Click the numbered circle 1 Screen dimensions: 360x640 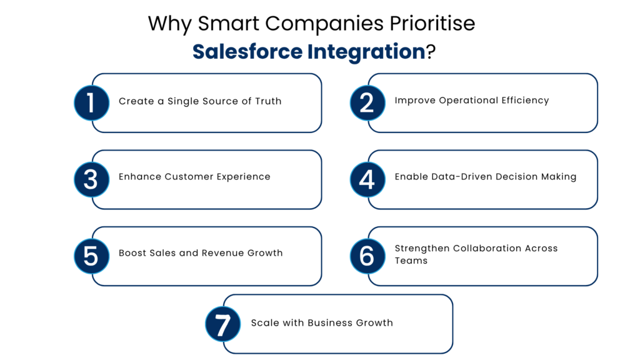(92, 102)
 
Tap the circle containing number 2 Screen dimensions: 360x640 (367, 102)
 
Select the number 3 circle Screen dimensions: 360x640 (92, 179)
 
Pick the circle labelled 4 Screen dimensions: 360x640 (367, 179)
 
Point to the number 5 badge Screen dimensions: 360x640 (92, 256)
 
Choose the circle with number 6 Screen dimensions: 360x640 (367, 256)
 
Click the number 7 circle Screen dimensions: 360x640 (223, 324)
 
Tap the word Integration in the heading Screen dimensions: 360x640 (365, 51)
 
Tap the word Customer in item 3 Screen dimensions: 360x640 (189, 177)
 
